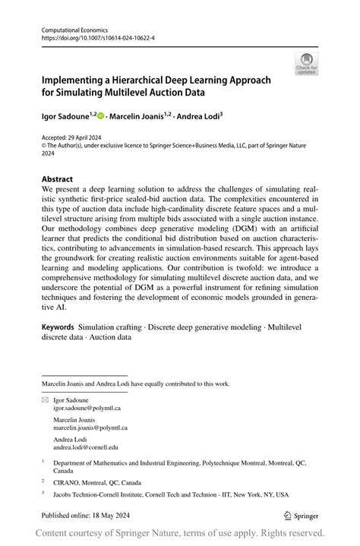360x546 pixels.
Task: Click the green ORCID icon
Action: (x=100, y=118)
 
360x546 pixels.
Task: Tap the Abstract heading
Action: (x=58, y=179)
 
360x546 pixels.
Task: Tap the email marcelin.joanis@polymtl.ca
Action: (x=90, y=428)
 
